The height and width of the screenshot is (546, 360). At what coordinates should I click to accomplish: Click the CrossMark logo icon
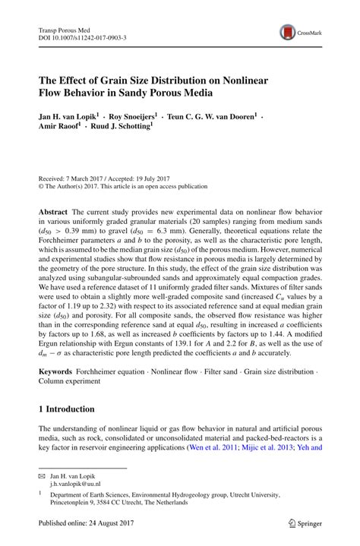(287, 31)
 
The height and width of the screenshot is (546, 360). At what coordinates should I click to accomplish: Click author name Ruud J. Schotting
(122, 129)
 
